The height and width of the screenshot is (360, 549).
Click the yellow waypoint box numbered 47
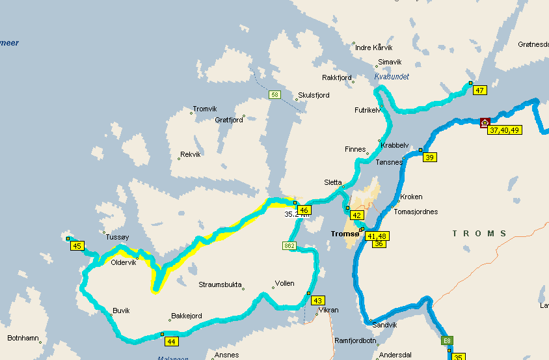coord(479,90)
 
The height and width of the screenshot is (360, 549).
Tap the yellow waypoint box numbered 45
coord(77,246)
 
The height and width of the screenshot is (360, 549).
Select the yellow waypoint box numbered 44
coord(172,341)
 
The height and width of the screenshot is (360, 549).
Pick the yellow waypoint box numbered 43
coord(317,301)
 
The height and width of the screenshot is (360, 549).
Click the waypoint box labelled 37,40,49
coord(505,130)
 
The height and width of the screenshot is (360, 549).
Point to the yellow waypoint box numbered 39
coord(429,157)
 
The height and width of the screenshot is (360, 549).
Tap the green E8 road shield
coord(447,340)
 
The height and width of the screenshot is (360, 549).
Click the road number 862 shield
coord(289,245)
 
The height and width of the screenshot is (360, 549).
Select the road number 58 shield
coord(275,95)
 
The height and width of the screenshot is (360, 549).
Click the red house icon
coord(485,123)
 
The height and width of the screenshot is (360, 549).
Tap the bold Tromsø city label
coord(345,234)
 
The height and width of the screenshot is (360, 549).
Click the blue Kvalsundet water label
coord(392,77)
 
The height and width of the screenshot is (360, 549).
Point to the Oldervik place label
coord(124,263)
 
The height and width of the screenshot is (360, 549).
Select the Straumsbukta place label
coord(221,284)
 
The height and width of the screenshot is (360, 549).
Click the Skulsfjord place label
coord(313,95)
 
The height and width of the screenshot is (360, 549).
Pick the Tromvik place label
coord(205,109)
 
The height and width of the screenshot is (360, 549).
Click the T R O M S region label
coord(479,233)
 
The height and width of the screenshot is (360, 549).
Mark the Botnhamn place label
coord(23,339)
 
